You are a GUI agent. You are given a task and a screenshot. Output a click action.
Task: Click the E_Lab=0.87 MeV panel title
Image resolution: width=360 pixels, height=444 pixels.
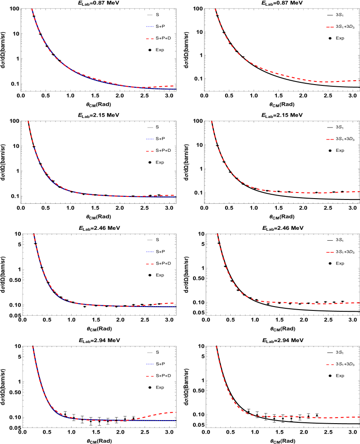coord(281,3)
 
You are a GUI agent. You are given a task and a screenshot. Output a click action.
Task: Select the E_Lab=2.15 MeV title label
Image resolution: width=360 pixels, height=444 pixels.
coord(281,115)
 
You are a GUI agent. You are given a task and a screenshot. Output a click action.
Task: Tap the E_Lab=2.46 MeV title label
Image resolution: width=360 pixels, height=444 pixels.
coord(282,228)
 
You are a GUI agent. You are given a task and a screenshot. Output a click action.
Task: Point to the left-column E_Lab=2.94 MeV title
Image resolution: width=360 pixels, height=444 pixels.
coord(99,341)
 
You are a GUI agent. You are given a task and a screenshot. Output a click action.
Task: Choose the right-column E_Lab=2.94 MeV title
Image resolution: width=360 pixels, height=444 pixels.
coord(282,341)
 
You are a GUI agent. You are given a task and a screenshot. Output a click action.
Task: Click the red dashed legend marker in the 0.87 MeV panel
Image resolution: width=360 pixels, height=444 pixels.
coord(330,27)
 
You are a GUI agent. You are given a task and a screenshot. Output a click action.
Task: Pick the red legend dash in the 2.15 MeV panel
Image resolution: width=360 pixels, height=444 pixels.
coord(330,139)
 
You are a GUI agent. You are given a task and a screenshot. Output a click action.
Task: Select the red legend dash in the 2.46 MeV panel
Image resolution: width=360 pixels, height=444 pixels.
coord(330,252)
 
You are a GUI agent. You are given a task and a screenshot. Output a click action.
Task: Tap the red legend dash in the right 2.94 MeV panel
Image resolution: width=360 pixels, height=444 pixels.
coord(330,365)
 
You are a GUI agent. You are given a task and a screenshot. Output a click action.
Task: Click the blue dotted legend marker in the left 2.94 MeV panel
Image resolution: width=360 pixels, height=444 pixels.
coord(150,364)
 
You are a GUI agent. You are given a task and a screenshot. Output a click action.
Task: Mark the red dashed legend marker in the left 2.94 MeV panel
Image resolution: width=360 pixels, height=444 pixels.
coord(150,376)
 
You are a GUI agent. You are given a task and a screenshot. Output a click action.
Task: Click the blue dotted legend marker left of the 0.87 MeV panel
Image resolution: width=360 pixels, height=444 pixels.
coord(150,26)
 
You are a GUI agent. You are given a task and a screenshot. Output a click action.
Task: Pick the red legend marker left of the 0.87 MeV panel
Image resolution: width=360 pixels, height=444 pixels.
coord(150,39)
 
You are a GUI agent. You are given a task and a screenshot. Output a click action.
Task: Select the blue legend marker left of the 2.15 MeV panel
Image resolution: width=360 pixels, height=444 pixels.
coord(150,139)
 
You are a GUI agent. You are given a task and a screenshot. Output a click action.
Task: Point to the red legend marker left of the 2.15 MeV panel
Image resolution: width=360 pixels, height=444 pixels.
coord(150,151)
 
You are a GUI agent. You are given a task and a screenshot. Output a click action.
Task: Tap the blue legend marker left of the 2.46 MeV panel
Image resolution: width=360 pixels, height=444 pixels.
coord(150,251)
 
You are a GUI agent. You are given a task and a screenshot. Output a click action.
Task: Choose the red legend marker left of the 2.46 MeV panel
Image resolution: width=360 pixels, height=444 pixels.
coord(150,264)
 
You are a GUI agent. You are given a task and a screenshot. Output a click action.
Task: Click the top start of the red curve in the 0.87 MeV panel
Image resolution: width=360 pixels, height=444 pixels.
coord(216,10)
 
